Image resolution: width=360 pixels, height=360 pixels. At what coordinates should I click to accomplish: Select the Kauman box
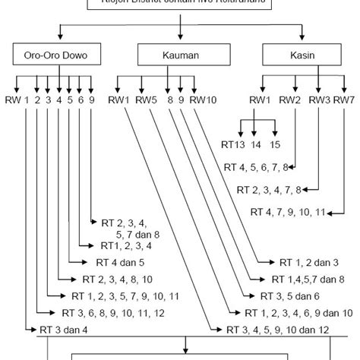pyautogui.click(x=181, y=56)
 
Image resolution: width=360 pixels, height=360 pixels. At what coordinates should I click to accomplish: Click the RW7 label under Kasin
pyautogui.click(x=343, y=99)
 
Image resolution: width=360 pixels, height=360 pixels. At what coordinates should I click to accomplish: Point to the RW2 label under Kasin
pyautogui.click(x=289, y=99)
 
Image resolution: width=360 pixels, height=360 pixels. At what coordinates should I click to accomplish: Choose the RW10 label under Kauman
pyautogui.click(x=204, y=99)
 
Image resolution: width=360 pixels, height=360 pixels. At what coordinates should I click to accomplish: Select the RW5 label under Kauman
pyautogui.click(x=148, y=99)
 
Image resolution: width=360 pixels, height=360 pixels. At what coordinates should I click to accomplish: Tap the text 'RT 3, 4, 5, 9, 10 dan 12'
pyautogui.click(x=278, y=329)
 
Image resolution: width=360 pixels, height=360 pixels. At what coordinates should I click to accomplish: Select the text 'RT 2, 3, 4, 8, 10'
pyautogui.click(x=118, y=279)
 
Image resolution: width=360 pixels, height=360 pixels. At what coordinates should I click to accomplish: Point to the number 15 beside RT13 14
pyautogui.click(x=275, y=144)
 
